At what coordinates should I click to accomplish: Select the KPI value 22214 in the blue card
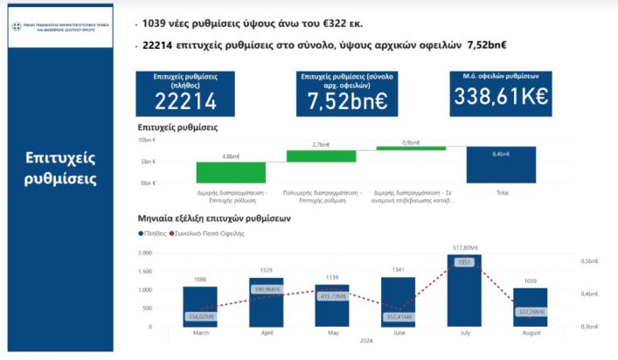[184, 101]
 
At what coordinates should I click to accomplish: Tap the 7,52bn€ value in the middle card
[347, 101]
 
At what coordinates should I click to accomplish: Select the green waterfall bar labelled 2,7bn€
[321, 156]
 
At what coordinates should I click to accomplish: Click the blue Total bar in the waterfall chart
[501, 164]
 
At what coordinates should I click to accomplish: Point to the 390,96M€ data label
[266, 289]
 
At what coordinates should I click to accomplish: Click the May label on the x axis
[332, 333]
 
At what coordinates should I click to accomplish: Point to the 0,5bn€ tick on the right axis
[589, 260]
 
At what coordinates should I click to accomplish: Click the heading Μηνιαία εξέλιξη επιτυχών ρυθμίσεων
[214, 218]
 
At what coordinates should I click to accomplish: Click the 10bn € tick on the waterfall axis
[147, 140]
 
